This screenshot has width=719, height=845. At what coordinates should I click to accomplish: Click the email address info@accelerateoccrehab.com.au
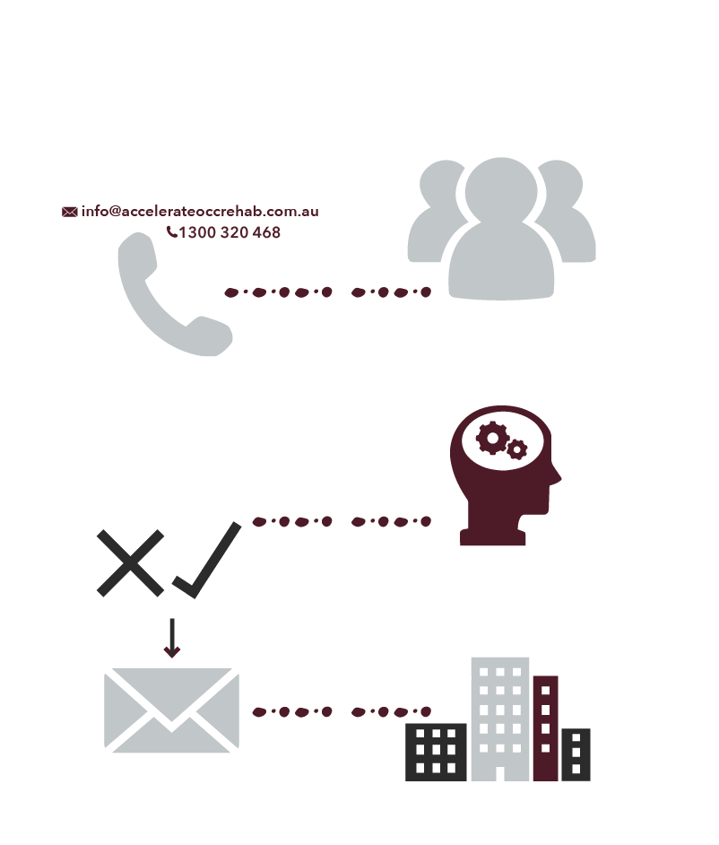[x=200, y=212]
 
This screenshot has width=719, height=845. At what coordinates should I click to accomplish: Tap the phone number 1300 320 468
[x=230, y=232]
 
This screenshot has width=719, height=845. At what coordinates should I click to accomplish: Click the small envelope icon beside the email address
[x=69, y=212]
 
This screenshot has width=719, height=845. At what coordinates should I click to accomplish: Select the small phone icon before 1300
[x=172, y=231]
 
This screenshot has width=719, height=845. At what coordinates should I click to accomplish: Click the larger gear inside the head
[x=492, y=438]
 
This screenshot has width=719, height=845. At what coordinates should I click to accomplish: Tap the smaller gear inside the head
[x=517, y=449]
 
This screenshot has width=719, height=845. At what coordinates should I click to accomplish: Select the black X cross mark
[x=130, y=563]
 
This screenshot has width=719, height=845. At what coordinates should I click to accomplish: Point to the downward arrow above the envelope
[x=172, y=638]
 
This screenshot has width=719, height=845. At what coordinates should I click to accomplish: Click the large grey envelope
[x=171, y=710]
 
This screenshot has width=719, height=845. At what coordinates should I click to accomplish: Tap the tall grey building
[x=500, y=719]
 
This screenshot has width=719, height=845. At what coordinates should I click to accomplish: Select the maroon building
[x=546, y=728]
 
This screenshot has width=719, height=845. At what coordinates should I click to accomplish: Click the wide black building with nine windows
[x=436, y=752]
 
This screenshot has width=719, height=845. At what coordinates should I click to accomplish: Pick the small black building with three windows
[x=576, y=754]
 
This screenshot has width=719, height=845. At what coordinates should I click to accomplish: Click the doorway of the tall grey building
[x=500, y=773]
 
